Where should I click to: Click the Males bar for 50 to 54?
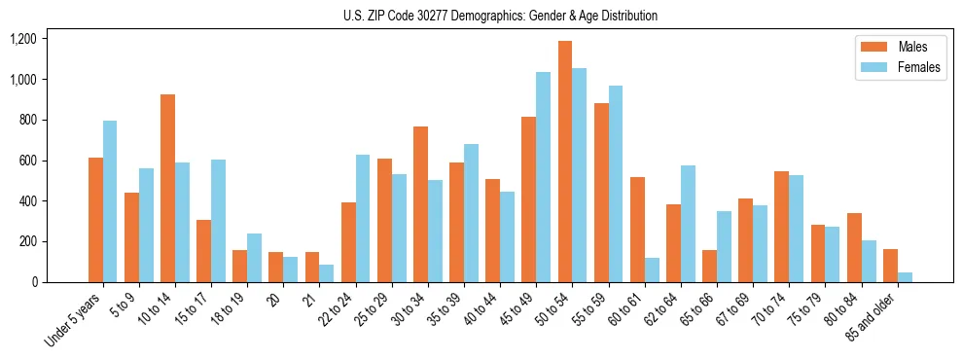565,162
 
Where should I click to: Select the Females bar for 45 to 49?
543,177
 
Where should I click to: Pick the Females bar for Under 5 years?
110,201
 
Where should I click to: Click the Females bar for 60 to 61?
652,270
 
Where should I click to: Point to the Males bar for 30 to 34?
420,204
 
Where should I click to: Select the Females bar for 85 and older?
905,277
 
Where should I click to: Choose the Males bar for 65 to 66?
709,266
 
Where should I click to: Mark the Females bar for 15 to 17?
218,221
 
